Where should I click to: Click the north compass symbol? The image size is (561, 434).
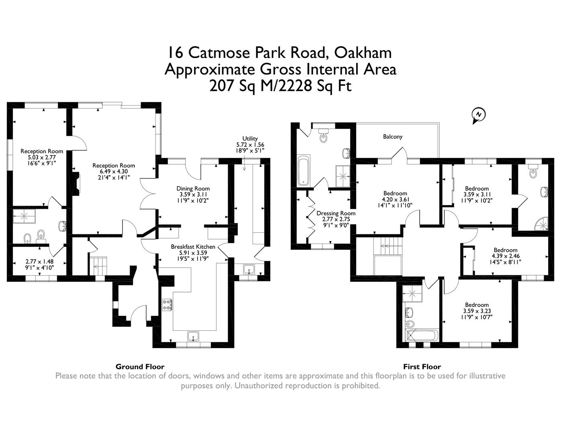(478, 115)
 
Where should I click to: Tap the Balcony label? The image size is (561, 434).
(392, 137)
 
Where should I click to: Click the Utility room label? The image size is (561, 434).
(250, 139)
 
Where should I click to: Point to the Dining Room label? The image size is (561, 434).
(193, 188)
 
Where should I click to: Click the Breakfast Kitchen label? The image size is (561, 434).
(193, 247)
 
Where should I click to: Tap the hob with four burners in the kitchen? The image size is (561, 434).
(167, 305)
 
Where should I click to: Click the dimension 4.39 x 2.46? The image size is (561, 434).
(505, 256)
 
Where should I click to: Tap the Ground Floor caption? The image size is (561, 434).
(140, 366)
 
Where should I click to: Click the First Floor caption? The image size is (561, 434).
(422, 366)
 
